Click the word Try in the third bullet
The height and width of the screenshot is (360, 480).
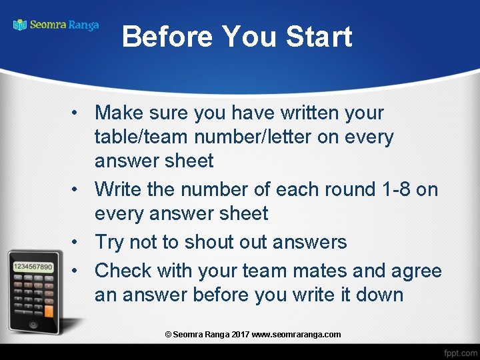[x=109, y=241]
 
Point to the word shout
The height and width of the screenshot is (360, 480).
[x=202, y=241]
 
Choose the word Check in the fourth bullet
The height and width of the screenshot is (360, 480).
[x=123, y=271]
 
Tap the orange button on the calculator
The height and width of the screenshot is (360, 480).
[x=48, y=310]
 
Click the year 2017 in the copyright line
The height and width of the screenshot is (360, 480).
[x=241, y=334]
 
